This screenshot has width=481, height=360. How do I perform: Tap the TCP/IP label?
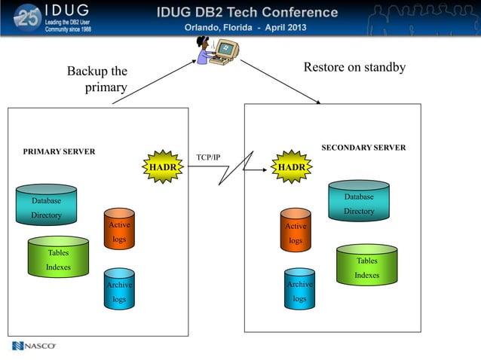click(x=208, y=157)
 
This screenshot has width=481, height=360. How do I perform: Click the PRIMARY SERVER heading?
click(x=59, y=151)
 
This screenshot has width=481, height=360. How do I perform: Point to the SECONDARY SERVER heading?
click(x=363, y=148)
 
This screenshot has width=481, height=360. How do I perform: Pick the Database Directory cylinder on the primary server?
click(x=47, y=205)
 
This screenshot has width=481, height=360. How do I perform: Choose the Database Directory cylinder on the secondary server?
click(x=359, y=201)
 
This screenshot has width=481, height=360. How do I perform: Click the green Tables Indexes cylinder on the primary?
click(x=58, y=257)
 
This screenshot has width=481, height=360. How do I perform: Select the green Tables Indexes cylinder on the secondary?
click(x=366, y=265)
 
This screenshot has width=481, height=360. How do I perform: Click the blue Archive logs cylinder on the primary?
click(x=119, y=288)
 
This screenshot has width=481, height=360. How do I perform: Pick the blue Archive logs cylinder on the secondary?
click(x=299, y=288)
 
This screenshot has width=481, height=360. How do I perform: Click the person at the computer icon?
click(x=215, y=50)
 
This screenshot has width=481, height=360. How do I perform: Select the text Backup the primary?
click(x=97, y=79)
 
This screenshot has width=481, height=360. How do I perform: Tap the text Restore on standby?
click(x=354, y=67)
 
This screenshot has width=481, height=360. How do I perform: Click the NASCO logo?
click(x=34, y=346)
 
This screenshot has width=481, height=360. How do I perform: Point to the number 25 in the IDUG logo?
click(x=28, y=18)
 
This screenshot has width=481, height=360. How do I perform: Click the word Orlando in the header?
click(x=207, y=27)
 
